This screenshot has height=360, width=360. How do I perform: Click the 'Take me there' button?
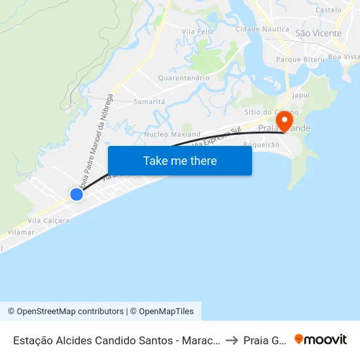coord(180,160)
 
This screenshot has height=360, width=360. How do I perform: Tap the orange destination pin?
coord(284,122)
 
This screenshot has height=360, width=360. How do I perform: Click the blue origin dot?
coord(77,194)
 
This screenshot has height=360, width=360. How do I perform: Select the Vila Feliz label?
coord(197,31)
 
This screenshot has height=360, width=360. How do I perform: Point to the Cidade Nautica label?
coord(261,29)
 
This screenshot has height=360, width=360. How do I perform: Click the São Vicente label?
coord(319,33)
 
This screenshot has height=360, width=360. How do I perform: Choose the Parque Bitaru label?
coord(300,60)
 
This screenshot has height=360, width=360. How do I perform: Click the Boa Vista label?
coord(344,57)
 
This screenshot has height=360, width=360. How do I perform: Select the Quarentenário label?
coord(184,78)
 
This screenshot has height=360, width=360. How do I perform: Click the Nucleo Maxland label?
coord(172,135)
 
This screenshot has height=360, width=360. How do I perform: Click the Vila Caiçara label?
coord(48,221)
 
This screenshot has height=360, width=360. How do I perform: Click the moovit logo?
coord(321,339)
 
